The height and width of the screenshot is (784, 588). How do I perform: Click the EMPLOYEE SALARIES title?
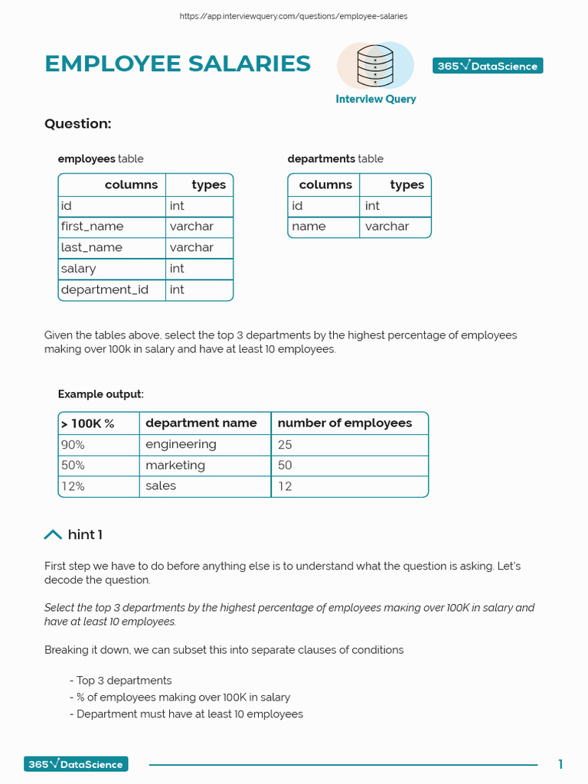178,64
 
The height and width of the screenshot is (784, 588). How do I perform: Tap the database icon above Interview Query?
375,67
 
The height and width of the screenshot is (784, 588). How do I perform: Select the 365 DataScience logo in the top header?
488,66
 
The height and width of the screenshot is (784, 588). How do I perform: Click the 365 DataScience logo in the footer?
76,764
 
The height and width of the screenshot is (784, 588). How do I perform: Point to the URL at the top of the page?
293,16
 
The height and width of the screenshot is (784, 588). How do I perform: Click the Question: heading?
78,124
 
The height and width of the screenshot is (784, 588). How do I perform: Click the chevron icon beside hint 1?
53,534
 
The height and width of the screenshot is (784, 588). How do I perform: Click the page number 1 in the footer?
560,764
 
